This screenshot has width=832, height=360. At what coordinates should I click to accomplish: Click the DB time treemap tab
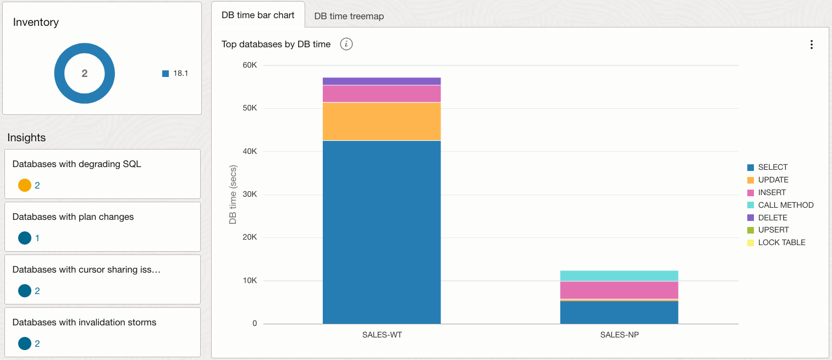[x=349, y=16]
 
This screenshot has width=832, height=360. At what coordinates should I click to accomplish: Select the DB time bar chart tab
[x=258, y=15]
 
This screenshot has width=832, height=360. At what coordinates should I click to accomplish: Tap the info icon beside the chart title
[x=346, y=44]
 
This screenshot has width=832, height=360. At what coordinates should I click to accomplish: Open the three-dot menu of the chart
[x=811, y=45]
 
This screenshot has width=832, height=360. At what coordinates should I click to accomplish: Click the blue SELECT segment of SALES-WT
[x=381, y=231]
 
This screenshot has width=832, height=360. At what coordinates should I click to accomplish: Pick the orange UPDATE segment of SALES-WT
[x=381, y=121]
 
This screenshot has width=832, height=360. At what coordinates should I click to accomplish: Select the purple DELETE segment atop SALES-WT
[x=381, y=81]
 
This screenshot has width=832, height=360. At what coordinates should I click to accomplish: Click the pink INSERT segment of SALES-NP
[x=619, y=290]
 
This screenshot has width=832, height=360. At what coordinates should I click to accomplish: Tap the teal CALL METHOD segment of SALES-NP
[x=619, y=275]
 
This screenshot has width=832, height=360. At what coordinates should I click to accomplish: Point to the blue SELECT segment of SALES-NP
[x=619, y=312]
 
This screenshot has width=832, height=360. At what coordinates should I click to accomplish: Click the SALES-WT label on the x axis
[x=381, y=335]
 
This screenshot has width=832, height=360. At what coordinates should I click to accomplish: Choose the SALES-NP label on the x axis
[x=619, y=335]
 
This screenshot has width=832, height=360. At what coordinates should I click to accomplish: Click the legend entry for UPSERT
[x=773, y=230]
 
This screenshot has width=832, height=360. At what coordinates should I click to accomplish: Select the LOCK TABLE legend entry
[x=781, y=242]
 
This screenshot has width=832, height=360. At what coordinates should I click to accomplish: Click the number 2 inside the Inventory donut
[x=84, y=73]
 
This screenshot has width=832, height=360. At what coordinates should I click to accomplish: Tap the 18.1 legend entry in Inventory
[x=180, y=73]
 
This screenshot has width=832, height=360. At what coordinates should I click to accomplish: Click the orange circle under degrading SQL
[x=25, y=185]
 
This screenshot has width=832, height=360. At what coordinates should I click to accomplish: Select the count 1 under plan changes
[x=37, y=238]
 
